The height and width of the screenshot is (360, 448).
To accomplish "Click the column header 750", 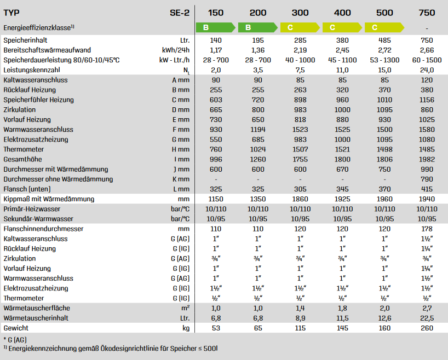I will (x=426, y=13).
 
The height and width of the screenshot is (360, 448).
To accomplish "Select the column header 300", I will (x=300, y=13).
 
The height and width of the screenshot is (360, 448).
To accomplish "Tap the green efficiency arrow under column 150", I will (x=215, y=27).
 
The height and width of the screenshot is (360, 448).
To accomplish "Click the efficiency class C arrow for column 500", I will (x=383, y=27).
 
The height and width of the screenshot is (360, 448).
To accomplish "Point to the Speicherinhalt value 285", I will (x=300, y=40).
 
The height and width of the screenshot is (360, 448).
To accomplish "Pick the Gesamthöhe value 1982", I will (x=426, y=159).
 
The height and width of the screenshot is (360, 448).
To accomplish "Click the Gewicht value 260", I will (x=426, y=328).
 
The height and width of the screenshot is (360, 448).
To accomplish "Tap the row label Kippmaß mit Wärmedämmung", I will (x=49, y=199).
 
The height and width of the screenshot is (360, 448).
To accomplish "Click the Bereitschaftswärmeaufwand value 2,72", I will (x=384, y=50).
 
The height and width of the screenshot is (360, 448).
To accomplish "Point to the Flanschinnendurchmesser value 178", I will (x=426, y=229).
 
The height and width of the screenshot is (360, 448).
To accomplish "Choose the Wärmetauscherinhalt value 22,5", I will (x=426, y=318).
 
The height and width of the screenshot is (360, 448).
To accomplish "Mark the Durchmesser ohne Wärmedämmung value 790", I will (x=426, y=179).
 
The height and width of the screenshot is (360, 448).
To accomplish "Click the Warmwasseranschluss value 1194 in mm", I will (x=257, y=130).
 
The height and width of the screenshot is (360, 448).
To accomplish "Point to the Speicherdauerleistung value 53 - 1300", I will (x=384, y=60).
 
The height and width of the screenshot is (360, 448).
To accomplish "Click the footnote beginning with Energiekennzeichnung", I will (x=112, y=349).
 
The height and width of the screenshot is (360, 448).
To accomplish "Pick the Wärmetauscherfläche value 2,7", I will (x=426, y=309).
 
